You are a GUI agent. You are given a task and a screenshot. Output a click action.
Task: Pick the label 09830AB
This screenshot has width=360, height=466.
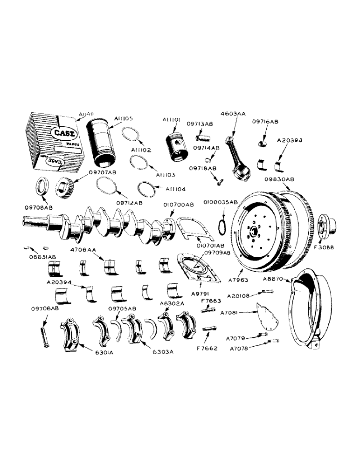pos(280,179)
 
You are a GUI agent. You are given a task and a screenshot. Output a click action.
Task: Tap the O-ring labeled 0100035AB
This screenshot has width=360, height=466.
pos(223,227)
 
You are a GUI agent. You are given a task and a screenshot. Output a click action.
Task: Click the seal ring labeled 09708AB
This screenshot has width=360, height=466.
pos(41,188)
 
